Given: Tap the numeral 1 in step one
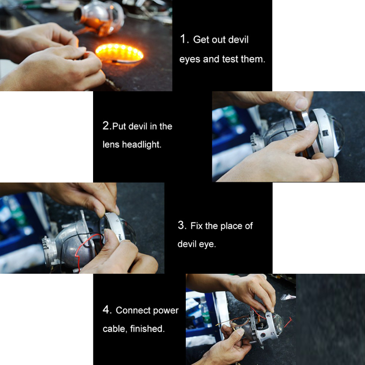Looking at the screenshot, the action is pyautogui.click(x=183, y=39).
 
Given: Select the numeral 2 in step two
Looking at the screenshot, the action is pyautogui.click(x=106, y=126).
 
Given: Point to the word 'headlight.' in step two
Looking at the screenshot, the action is pyautogui.click(x=142, y=145).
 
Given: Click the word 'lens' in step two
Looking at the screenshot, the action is pyautogui.click(x=111, y=145).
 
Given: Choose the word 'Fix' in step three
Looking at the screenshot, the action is pyautogui.click(x=196, y=226).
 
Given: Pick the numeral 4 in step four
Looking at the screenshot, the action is pyautogui.click(x=106, y=310).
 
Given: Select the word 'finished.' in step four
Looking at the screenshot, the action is pyautogui.click(x=147, y=329).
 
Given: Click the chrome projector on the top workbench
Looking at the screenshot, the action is pyautogui.click(x=99, y=18).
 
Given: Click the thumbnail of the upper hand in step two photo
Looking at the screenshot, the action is pyautogui.click(x=302, y=104).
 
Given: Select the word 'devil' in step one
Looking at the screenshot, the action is pyautogui.click(x=238, y=39).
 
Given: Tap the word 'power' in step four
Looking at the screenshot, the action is pyautogui.click(x=166, y=311).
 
